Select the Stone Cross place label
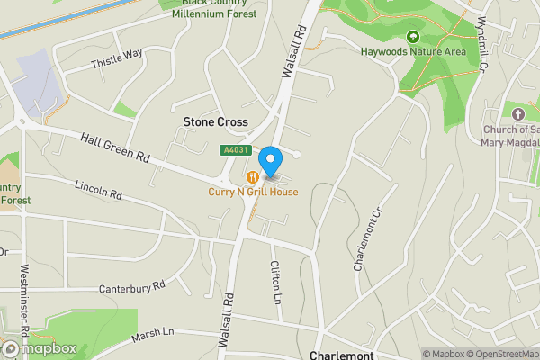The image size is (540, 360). (x=215, y=121)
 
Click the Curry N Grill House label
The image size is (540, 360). (x=253, y=192)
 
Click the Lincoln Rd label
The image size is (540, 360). (x=98, y=192)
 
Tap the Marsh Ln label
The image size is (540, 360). (x=152, y=334)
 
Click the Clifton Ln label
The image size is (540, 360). (x=276, y=280)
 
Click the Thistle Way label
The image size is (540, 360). (x=117, y=58)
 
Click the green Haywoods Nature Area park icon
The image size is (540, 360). (x=412, y=37)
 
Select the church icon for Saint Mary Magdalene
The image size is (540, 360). (x=517, y=113)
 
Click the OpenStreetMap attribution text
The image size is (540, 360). (x=501, y=354)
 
